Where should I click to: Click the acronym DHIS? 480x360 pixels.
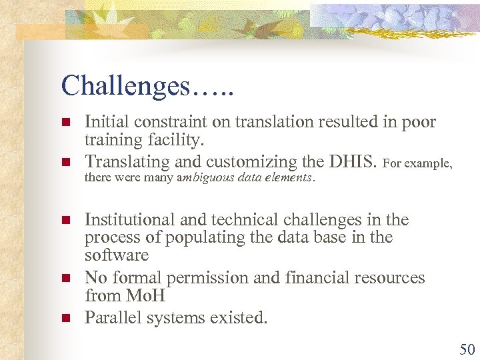(355, 162)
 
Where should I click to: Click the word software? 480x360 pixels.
(117, 256)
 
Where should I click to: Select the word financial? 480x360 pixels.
(324, 278)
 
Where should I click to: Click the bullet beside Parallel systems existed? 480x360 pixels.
(66, 318)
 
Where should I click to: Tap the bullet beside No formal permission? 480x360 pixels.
(66, 277)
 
